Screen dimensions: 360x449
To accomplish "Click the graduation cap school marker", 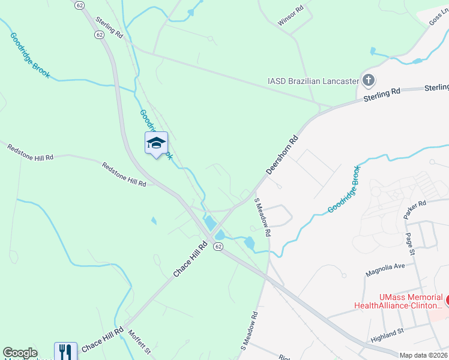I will pos(156,143).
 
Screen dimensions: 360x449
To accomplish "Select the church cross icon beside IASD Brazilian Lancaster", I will pos(369,80).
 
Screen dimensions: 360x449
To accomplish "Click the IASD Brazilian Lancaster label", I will pos(313,81).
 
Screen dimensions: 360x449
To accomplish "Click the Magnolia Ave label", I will pos(386,269).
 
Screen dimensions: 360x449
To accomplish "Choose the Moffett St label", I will pos(139,344).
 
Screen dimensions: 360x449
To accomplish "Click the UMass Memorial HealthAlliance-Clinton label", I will pos(411,301).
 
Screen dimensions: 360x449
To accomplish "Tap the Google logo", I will pos(20,353).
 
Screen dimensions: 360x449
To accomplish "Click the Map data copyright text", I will pos(424,355).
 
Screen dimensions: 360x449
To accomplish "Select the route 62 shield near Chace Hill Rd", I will pos(218,247).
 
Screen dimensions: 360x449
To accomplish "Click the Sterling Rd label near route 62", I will pos(109,28).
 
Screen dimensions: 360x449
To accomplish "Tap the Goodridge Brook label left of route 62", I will pos(29,55).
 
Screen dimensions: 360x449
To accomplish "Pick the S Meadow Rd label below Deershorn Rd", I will pos(263,216).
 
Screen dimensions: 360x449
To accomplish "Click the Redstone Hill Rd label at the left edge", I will pos(30,152).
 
